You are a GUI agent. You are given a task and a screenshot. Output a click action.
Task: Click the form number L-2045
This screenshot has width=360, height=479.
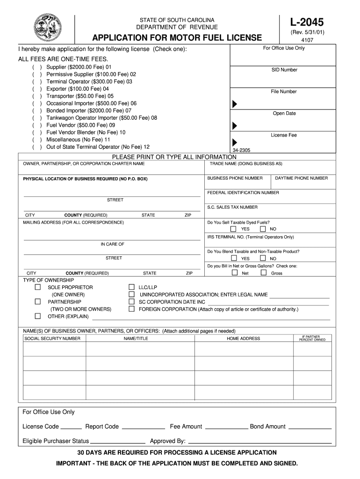(306, 22)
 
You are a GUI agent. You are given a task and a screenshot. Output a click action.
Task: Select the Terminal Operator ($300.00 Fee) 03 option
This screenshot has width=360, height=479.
(89, 81)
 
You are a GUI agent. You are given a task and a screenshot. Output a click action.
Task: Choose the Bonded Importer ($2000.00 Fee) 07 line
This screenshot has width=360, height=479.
(89, 111)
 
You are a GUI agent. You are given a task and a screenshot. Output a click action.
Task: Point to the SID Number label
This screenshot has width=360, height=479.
(284, 70)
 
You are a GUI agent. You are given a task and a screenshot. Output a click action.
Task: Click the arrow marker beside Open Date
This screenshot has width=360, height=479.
(235, 125)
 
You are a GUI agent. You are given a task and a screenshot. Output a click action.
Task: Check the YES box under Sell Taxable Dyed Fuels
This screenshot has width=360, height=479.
(233, 229)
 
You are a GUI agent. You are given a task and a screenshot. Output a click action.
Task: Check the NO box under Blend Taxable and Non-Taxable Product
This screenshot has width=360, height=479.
(263, 258)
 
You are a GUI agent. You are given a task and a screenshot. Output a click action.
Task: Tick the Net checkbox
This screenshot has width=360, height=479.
(233, 273)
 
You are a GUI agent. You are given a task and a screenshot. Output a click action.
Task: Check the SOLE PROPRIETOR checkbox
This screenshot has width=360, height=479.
(38, 287)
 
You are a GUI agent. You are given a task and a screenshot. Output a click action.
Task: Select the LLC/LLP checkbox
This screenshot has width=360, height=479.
(131, 287)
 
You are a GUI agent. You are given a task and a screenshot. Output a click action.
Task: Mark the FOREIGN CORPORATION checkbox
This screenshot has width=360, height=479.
(131, 309)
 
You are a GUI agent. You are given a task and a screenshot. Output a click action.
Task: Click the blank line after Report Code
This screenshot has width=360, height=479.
(143, 427)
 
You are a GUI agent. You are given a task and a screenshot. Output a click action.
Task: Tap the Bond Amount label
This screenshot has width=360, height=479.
(267, 427)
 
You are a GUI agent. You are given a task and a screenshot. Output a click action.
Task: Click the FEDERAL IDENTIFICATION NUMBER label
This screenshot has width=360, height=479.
(243, 193)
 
